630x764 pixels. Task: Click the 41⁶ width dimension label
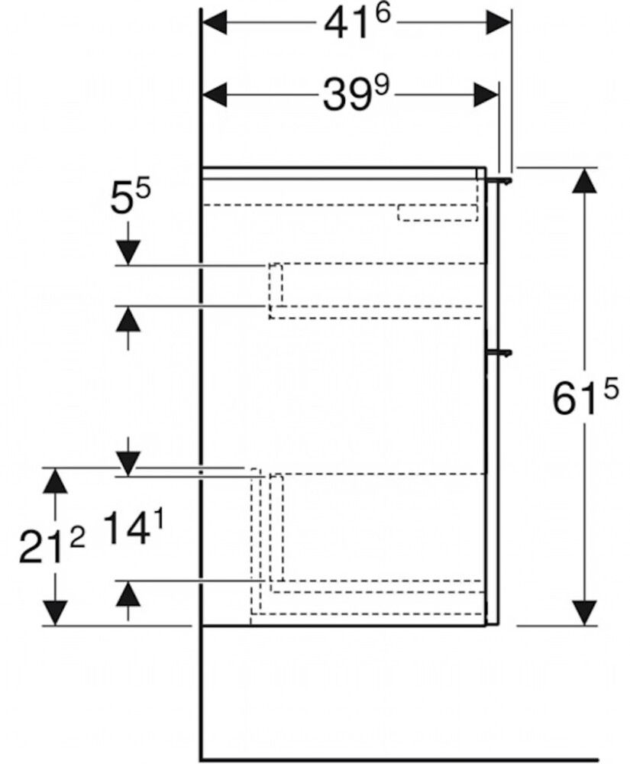pos(352,25)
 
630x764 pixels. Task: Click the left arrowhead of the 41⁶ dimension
pos(215,24)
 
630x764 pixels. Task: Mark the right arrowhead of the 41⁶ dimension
pos(496,24)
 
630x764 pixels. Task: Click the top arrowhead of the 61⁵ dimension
pos(584,181)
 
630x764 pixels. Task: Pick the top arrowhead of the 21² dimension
pos(53,481)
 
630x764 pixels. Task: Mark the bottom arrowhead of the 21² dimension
pos(53,611)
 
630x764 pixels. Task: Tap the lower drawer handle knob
pos(502,352)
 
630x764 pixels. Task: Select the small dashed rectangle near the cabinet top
pos(437,213)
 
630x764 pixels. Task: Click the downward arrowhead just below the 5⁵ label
pos(128,251)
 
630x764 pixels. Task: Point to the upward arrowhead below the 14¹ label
pos(128,594)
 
